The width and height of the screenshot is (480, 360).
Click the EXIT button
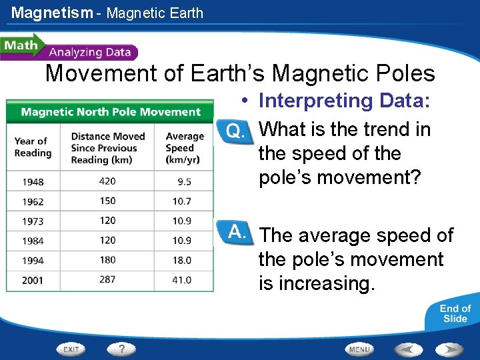click(72, 349)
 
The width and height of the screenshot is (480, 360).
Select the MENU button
click(359, 349)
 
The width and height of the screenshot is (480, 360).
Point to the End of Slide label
click(455, 313)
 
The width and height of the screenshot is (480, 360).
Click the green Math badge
click(21, 46)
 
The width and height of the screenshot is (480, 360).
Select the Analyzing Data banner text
click(90, 52)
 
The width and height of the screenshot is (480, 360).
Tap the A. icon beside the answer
click(235, 232)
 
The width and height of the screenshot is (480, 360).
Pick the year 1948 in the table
click(33, 181)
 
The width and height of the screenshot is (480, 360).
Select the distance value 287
click(107, 280)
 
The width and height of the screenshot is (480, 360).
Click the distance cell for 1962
click(107, 201)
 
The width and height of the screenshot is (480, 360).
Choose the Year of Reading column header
click(33, 147)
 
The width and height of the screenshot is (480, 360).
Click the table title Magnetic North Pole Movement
click(111, 112)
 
